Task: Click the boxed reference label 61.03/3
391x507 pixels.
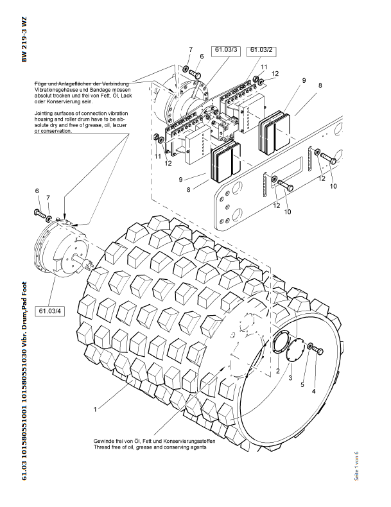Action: pos(226,51)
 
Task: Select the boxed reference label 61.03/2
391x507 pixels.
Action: pos(261,51)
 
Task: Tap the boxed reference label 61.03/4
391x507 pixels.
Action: pos(49,311)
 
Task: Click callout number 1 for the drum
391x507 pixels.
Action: pos(95,409)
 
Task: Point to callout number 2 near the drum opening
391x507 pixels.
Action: pos(278,371)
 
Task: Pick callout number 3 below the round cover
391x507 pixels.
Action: pos(290,377)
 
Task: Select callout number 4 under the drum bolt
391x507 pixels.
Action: pos(313,391)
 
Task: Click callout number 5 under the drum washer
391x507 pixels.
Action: pos(302,384)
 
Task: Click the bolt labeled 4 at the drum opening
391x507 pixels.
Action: pos(318,350)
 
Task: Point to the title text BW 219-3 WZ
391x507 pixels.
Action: pos(24,39)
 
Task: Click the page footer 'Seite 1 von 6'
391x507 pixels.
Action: pos(356,466)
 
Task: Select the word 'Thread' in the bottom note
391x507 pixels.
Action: pos(101,447)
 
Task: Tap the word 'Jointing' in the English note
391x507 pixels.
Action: pos(43,114)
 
